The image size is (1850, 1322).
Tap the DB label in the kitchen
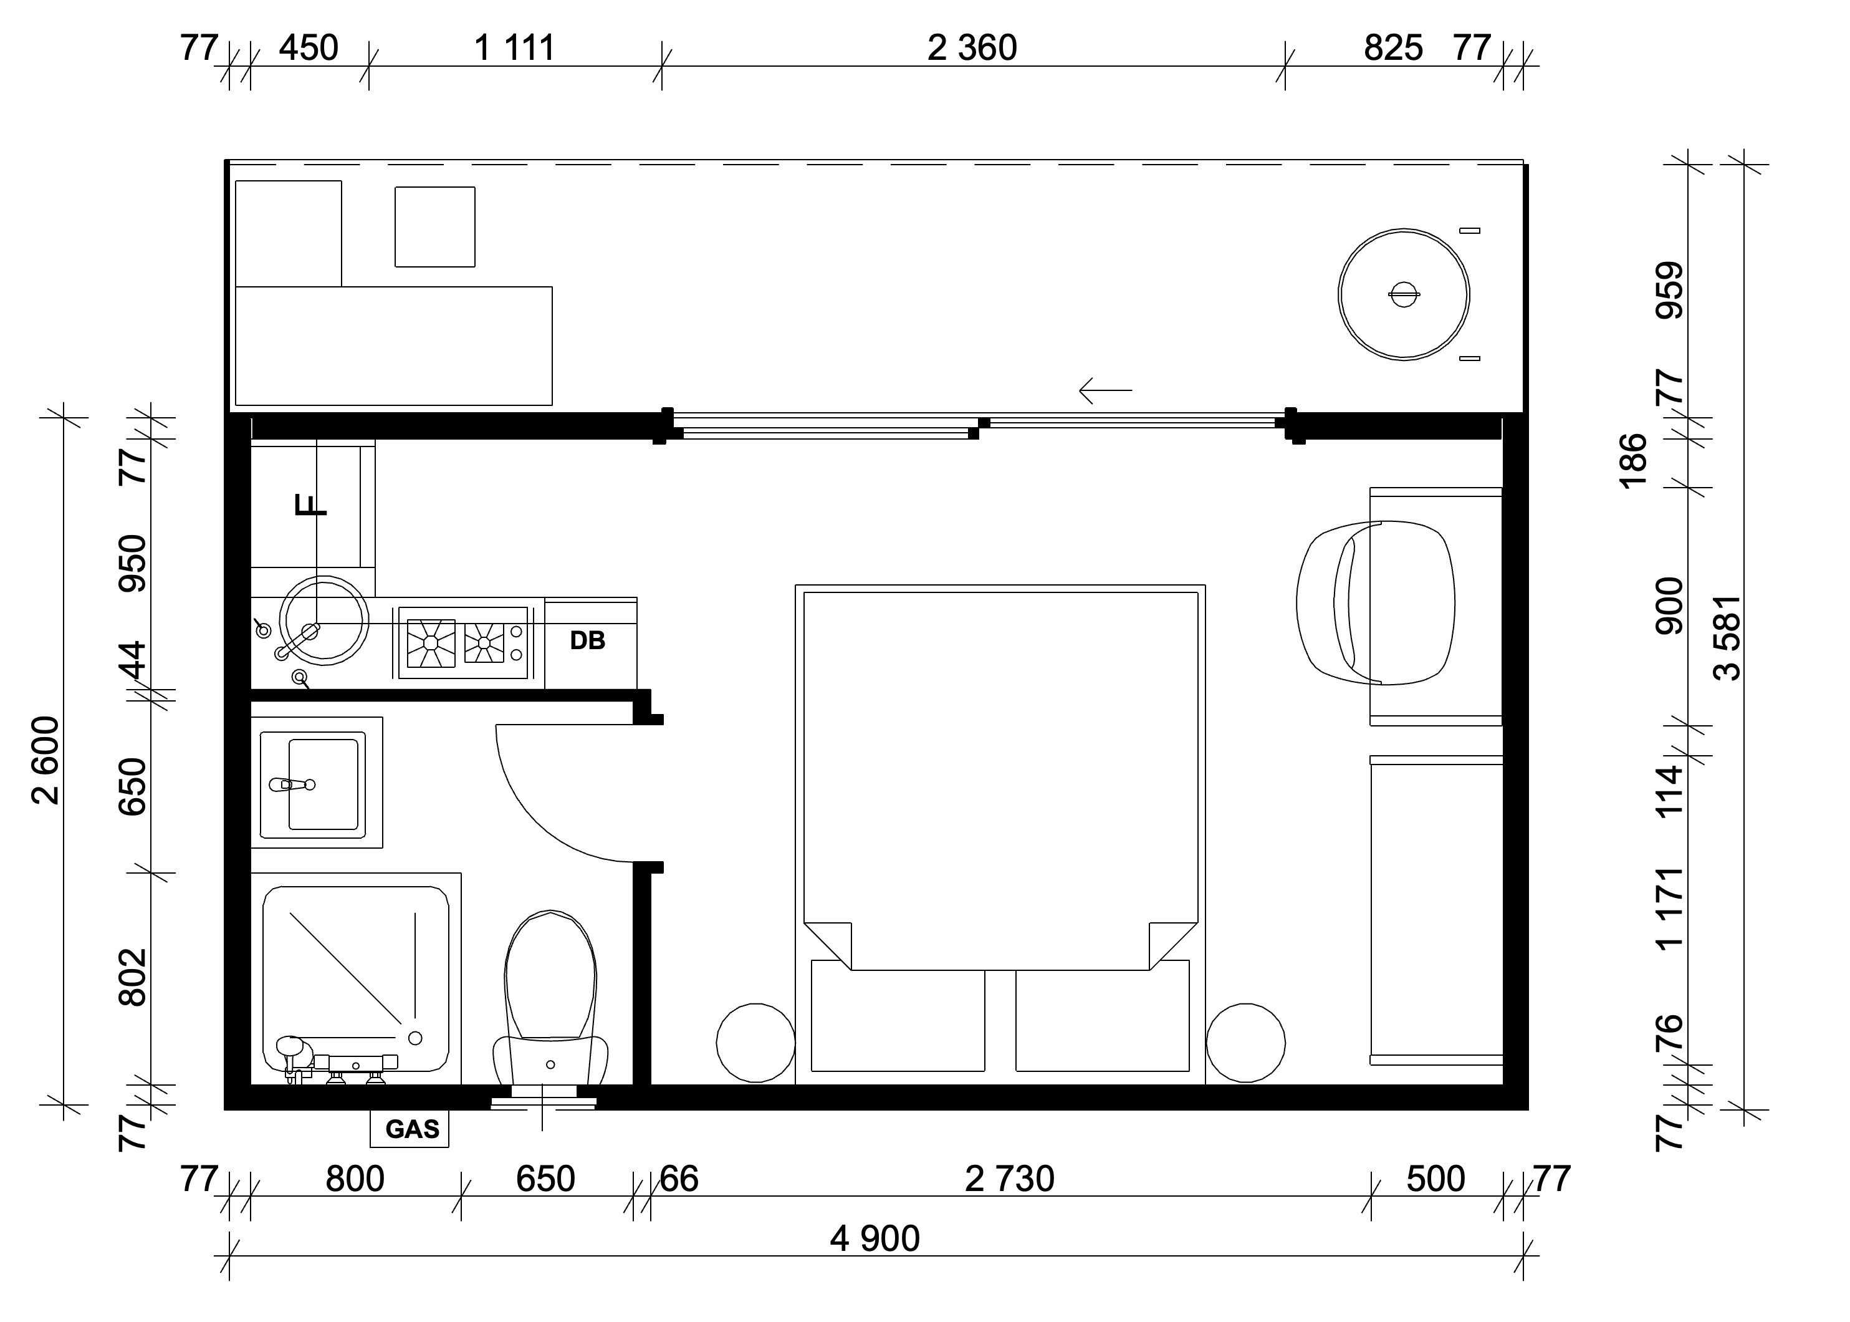(x=587, y=640)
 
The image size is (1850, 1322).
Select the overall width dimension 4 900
(x=875, y=1239)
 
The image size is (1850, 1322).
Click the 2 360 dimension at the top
(x=972, y=48)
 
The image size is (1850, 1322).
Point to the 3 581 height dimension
(x=1727, y=637)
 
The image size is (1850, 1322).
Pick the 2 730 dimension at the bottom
(x=1010, y=1179)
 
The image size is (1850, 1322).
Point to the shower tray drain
(x=415, y=1038)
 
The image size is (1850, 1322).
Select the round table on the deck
(x=1403, y=294)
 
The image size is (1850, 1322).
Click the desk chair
(x=1375, y=602)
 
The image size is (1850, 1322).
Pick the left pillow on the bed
(x=898, y=1015)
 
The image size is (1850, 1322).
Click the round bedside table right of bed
(x=1245, y=1043)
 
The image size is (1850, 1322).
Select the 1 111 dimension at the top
(x=514, y=48)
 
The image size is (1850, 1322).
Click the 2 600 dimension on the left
(x=46, y=760)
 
